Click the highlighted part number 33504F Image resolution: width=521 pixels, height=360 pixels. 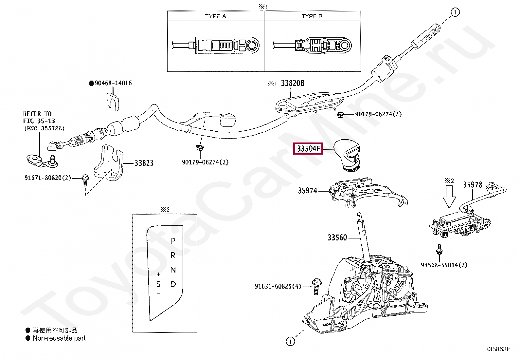pyautogui.click(x=308, y=149)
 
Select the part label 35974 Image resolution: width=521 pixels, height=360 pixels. pyautogui.click(x=307, y=190)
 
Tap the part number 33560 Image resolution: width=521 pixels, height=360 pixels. pyautogui.click(x=337, y=237)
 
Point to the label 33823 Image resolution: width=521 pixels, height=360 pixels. pyautogui.click(x=144, y=163)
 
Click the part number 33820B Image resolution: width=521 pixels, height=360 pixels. pyautogui.click(x=292, y=83)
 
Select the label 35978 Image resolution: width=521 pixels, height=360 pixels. pyautogui.click(x=472, y=185)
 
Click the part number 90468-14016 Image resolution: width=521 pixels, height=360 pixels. pyautogui.click(x=113, y=83)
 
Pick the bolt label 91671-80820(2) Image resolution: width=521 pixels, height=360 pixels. pyautogui.click(x=47, y=178)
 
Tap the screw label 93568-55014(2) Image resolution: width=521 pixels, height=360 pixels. pyautogui.click(x=444, y=265)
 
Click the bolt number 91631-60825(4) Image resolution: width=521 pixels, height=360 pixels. pyautogui.click(x=278, y=286)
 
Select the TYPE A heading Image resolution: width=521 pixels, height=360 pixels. pyautogui.click(x=215, y=16)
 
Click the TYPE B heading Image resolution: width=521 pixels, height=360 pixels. pyautogui.click(x=312, y=16)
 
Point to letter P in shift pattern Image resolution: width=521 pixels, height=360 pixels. pyautogui.click(x=173, y=241)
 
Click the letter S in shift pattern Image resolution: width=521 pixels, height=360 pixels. pyautogui.click(x=158, y=284)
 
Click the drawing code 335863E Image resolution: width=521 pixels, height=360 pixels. pyautogui.click(x=498, y=349)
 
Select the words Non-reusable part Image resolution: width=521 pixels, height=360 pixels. pyautogui.click(x=59, y=338)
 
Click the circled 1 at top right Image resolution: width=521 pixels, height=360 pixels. pyautogui.click(x=455, y=12)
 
